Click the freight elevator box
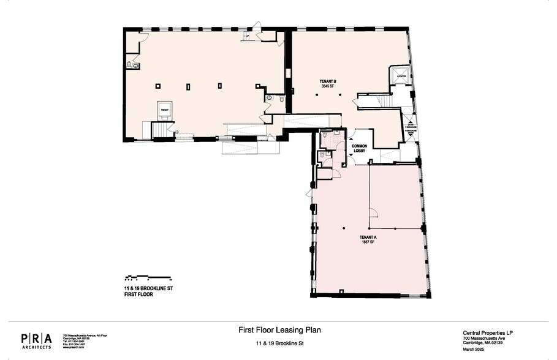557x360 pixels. [x=164, y=110]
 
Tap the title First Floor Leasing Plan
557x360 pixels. [x=279, y=330]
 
